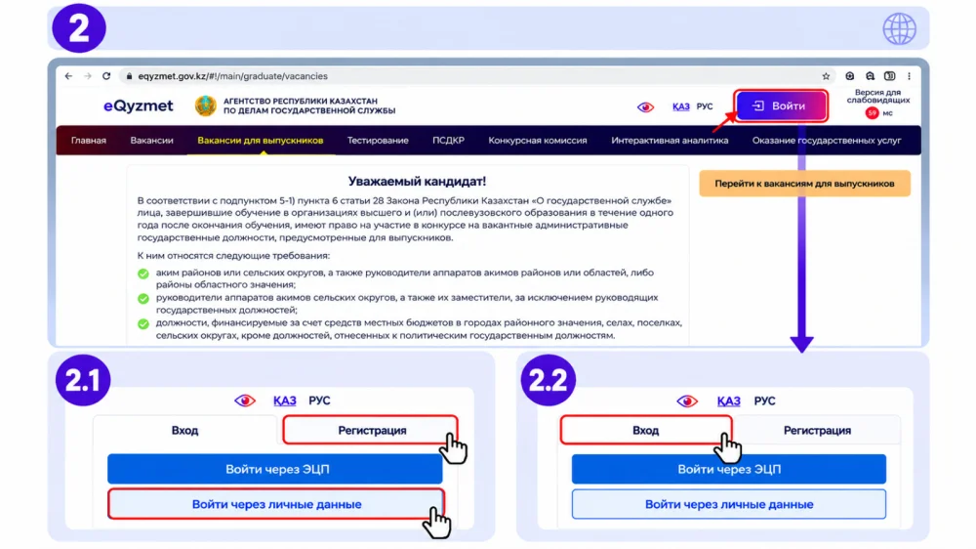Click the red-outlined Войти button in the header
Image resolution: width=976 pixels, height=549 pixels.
pos(781,106)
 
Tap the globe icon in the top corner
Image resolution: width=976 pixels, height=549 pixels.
pos(899,28)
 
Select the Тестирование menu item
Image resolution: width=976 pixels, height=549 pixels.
pos(378,141)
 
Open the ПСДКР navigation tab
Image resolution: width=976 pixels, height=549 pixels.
pos(448,141)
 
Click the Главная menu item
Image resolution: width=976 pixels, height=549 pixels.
pos(89,141)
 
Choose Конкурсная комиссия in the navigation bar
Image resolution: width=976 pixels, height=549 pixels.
pos(537,141)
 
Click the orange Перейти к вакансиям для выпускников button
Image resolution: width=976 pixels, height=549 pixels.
pos(804,184)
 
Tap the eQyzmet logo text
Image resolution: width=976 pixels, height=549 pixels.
pos(139,106)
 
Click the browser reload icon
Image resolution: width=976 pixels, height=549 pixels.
pos(106,76)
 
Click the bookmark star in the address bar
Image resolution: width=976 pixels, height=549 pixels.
pos(826,76)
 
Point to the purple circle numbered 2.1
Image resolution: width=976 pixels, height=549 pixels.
pos(83,380)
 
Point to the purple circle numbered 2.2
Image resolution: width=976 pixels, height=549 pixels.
pos(549,380)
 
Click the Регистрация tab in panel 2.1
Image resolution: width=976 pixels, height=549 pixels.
pos(371,430)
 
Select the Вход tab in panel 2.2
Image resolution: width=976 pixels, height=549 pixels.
pos(646,430)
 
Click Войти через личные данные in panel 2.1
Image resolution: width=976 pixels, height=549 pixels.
pos(276,504)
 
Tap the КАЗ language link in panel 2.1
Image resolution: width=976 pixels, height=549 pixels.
pos(284,401)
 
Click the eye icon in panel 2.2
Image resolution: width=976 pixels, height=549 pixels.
pos(687,401)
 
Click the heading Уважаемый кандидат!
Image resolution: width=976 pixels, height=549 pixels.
pos(417,182)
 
